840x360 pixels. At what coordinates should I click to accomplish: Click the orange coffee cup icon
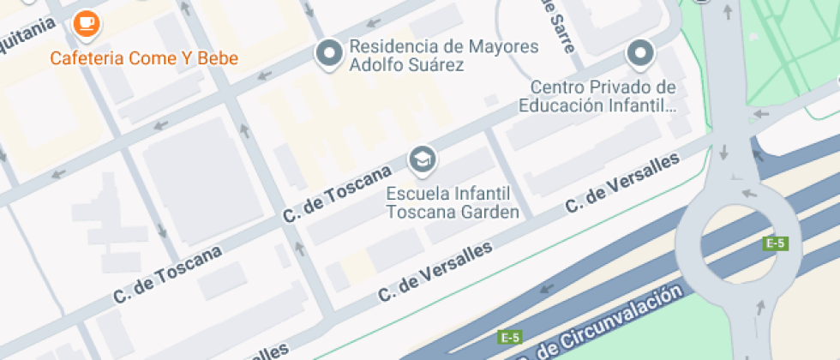click(86, 23)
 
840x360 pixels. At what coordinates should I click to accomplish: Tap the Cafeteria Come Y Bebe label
click(144, 58)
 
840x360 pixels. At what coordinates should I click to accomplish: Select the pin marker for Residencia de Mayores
click(328, 53)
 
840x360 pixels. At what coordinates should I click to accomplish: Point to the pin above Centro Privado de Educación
click(640, 53)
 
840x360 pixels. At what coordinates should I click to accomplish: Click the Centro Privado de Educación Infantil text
click(603, 97)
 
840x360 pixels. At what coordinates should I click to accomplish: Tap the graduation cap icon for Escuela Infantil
click(422, 159)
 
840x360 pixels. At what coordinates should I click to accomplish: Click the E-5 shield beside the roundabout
click(775, 243)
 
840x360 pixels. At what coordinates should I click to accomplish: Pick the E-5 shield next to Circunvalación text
click(511, 337)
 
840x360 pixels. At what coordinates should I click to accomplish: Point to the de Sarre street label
click(557, 26)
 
